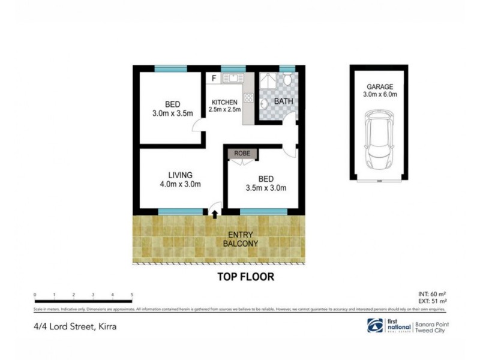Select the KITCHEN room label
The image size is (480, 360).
[x=223, y=102]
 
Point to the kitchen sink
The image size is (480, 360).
[x=232, y=78]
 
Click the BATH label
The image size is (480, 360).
[x=283, y=101]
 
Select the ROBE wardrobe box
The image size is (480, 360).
[x=243, y=154]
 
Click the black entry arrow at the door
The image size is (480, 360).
[x=214, y=212]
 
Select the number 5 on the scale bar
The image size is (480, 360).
[x=131, y=295]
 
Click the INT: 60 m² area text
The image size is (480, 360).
[x=432, y=294]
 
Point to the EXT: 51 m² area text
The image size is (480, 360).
[x=432, y=301]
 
